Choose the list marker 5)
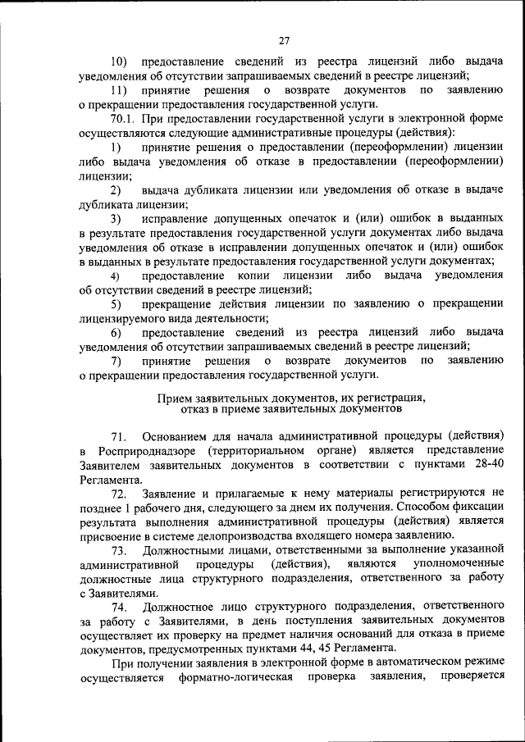(x=116, y=304)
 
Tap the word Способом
(x=428, y=508)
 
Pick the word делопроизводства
(x=220, y=535)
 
